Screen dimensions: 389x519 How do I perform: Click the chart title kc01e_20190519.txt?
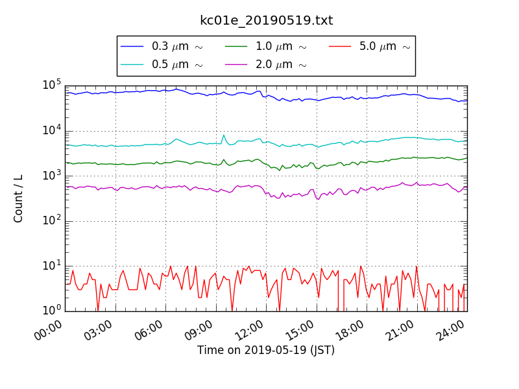(266, 20)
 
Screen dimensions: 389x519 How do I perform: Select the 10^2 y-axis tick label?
(52, 221)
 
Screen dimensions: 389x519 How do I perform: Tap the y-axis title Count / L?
(19, 198)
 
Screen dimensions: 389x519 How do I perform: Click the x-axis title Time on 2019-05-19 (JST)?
(266, 351)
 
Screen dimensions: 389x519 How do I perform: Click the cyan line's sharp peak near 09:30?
(224, 135)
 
